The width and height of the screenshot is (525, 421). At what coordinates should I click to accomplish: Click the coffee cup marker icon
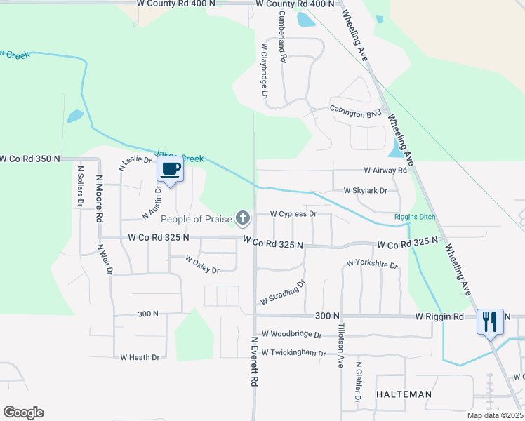click(171, 169)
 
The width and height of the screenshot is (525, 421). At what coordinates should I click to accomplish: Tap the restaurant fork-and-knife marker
click(490, 322)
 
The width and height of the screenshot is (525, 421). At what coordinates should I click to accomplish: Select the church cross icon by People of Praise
click(243, 219)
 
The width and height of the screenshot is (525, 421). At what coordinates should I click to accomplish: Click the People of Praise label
click(196, 220)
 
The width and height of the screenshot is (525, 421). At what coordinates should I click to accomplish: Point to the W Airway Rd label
click(385, 171)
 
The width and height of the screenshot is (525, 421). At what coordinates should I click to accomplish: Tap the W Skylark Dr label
click(365, 191)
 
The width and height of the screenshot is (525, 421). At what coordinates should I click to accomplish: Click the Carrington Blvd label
click(355, 111)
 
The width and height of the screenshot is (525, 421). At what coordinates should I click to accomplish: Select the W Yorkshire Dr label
click(371, 265)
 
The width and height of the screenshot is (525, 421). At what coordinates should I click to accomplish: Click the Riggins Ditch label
click(415, 217)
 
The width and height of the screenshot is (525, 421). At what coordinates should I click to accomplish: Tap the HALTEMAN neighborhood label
click(404, 394)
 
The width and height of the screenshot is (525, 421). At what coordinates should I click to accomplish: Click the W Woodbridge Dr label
click(291, 335)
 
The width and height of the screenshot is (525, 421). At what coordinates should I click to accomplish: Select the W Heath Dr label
click(140, 357)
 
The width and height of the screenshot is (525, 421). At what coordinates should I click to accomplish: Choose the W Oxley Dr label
click(202, 265)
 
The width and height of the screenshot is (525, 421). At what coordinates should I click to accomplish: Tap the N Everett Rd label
click(254, 362)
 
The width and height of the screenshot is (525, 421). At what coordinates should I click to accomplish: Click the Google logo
click(23, 413)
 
